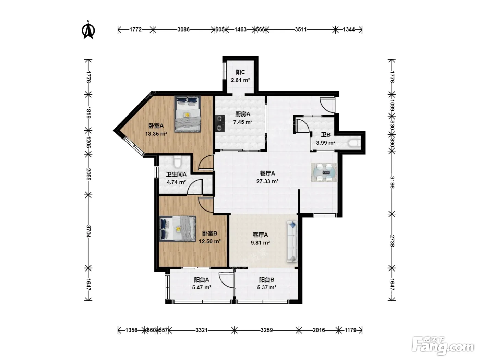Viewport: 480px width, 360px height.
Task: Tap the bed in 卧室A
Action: click(x=188, y=114)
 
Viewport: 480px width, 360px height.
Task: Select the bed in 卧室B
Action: click(x=177, y=229)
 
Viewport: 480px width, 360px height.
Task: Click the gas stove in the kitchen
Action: click(x=220, y=123)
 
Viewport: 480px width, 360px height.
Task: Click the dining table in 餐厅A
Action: click(x=324, y=172)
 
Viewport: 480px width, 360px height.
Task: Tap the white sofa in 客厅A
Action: click(x=292, y=241)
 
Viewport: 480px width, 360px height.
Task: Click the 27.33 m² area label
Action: click(x=267, y=181)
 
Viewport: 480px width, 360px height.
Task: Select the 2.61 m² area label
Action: click(x=240, y=80)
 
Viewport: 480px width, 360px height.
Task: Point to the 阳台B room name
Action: click(x=266, y=280)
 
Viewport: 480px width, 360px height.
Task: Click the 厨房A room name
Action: click(x=243, y=114)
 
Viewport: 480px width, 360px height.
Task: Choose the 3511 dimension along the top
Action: click(x=301, y=29)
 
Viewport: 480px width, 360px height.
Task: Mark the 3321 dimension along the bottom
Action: click(x=201, y=330)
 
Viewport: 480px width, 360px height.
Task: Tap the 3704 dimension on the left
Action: click(x=88, y=231)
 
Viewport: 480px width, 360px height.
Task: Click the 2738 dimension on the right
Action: click(x=392, y=241)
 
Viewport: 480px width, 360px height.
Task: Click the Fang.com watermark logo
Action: click(x=443, y=346)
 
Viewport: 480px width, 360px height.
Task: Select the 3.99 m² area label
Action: click(x=326, y=143)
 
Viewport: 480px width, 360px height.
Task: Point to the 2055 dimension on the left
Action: click(x=88, y=174)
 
